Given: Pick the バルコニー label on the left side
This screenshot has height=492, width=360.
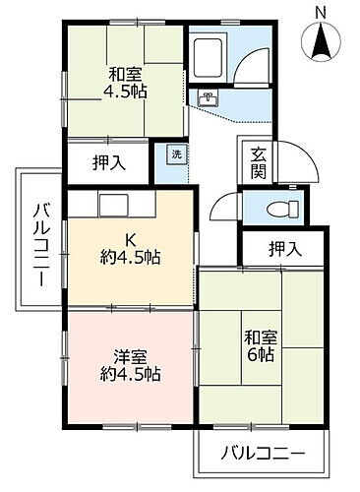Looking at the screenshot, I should (39, 242).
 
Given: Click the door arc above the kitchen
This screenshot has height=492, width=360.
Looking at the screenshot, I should (221, 205).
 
